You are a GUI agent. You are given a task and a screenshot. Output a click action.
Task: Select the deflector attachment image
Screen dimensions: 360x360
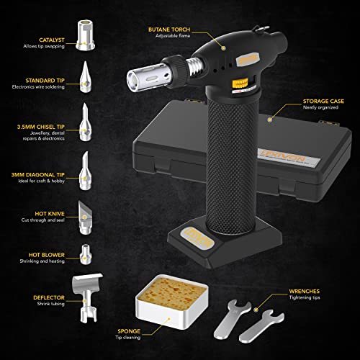pyautogui.click(x=89, y=299)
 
